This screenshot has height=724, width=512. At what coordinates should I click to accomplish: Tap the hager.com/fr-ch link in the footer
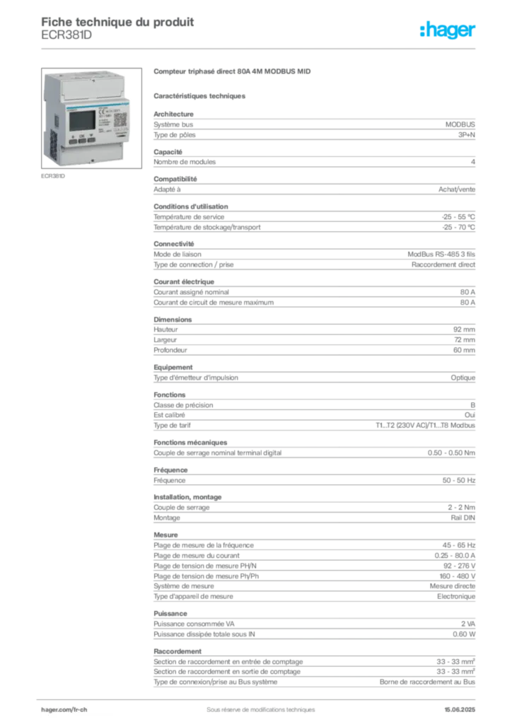(x=64, y=708)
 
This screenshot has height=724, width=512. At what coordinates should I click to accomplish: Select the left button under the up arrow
(x=72, y=141)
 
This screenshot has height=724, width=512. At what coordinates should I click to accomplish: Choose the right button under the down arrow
(x=92, y=141)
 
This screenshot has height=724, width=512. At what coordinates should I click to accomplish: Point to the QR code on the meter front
(x=120, y=119)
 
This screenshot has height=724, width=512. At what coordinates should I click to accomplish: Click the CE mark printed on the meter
(x=100, y=112)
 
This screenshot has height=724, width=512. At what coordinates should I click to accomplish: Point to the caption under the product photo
(x=54, y=177)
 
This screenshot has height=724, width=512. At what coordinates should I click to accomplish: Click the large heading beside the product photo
(x=233, y=71)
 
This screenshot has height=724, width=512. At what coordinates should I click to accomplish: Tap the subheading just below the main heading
(x=201, y=95)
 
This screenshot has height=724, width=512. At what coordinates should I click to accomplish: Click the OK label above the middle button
(x=82, y=134)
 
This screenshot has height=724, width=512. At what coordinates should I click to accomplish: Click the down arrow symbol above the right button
(x=92, y=134)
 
